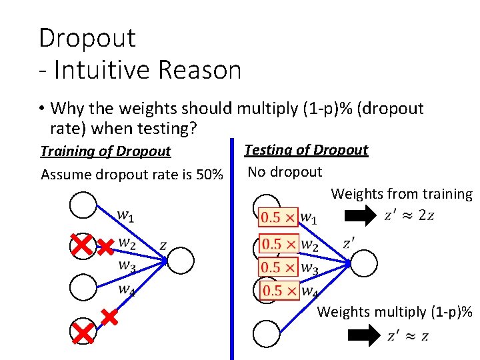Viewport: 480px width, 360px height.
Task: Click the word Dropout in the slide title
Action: [87, 37]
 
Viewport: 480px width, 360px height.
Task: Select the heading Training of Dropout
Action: [106, 151]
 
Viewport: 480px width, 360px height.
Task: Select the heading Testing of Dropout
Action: [306, 149]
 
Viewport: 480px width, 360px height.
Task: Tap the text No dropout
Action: [285, 172]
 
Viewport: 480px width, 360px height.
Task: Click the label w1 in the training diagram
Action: [126, 215]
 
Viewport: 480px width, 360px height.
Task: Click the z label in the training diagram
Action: [163, 245]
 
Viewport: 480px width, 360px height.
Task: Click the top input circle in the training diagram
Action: [83, 205]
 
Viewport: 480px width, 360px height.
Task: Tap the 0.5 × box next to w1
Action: [278, 217]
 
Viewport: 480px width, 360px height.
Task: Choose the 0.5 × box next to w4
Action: [278, 291]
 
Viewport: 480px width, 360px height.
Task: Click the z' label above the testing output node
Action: [349, 243]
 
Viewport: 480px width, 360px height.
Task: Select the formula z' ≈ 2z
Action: [409, 215]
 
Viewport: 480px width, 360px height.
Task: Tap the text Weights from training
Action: [401, 194]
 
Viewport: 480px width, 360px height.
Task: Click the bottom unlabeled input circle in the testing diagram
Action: [266, 333]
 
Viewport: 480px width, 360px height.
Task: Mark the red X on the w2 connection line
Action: [105, 247]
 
